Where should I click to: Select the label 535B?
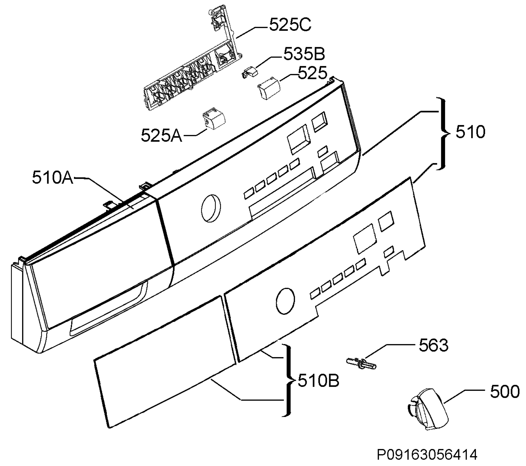coord(304,54)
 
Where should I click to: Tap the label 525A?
coord(161,136)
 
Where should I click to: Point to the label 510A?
coord(53,178)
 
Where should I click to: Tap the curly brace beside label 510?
coord(443,133)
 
